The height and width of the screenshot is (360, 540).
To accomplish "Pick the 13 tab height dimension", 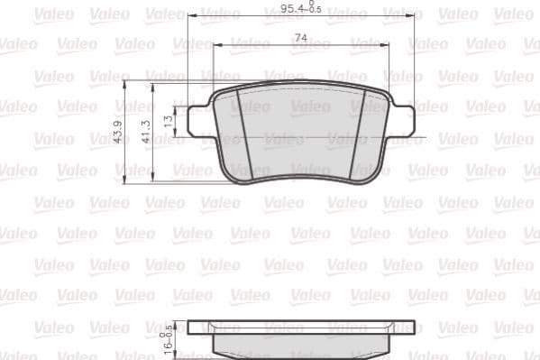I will click(168, 119).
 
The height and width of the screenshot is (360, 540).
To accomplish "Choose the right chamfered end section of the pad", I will click(379, 135).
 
